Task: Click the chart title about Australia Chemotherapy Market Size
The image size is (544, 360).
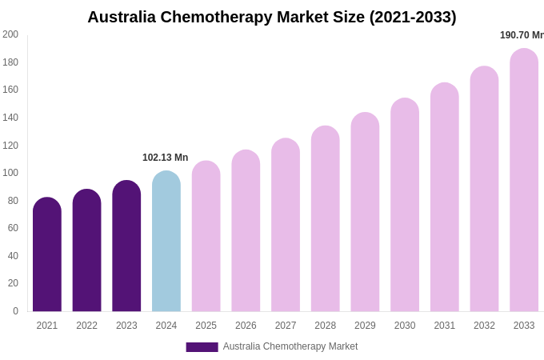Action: click(x=272, y=17)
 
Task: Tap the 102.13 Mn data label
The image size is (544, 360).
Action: click(x=166, y=158)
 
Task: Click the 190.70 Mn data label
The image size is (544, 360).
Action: click(x=522, y=35)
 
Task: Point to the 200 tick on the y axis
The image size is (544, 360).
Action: click(x=10, y=34)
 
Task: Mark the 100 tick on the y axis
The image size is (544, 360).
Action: click(x=10, y=173)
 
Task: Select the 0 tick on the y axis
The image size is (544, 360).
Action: click(x=15, y=311)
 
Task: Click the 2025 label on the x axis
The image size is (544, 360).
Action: click(x=206, y=326)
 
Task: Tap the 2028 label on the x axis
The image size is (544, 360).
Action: click(x=326, y=326)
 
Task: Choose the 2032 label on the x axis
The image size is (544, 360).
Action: click(x=484, y=326)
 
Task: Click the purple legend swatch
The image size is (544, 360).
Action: click(x=202, y=347)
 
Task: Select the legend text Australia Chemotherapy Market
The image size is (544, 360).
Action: click(x=290, y=346)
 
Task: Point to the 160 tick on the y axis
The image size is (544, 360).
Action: click(x=10, y=90)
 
